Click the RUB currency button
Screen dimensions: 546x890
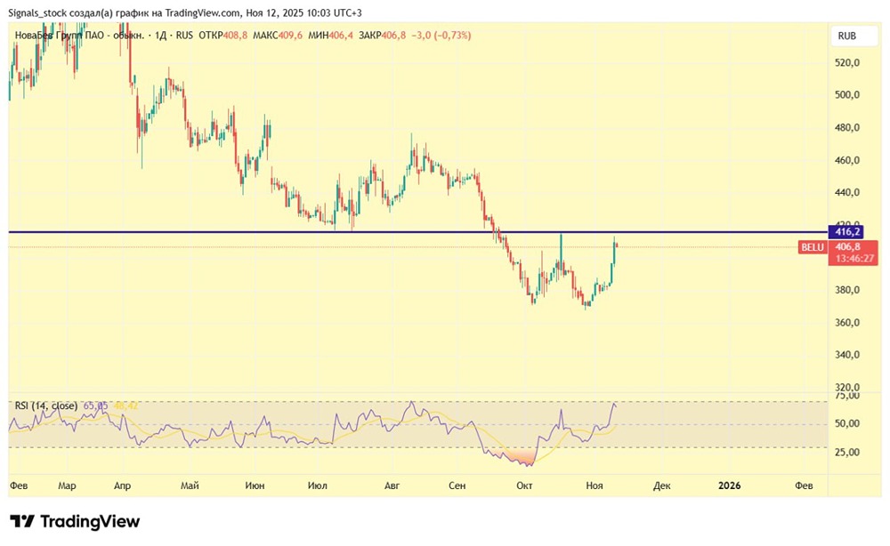(x=847, y=36)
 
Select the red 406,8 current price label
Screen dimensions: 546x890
(x=847, y=246)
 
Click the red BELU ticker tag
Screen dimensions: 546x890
(x=813, y=246)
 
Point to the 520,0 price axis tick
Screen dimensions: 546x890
(x=847, y=63)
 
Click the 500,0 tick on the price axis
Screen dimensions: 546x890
(x=847, y=95)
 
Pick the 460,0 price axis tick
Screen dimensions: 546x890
(x=847, y=161)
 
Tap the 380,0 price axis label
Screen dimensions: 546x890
(x=847, y=290)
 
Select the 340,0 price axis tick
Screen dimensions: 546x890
(x=847, y=355)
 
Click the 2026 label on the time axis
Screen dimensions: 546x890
(x=729, y=486)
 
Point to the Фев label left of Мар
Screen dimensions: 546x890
(x=19, y=486)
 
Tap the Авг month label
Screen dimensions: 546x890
(x=392, y=486)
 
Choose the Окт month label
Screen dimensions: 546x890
(x=524, y=486)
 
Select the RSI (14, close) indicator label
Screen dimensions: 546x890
(x=45, y=405)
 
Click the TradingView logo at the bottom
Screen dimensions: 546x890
(x=75, y=522)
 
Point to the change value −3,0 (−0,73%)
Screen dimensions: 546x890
(x=441, y=36)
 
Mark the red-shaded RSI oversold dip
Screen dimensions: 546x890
(x=519, y=457)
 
